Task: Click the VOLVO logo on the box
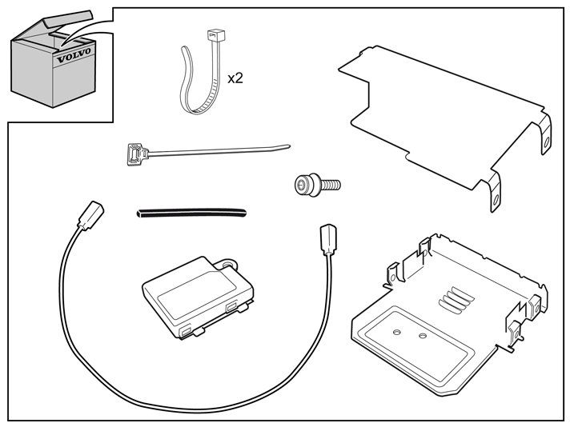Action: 74,55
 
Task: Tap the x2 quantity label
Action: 235,78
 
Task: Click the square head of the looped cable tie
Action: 216,35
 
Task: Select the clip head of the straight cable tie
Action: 137,154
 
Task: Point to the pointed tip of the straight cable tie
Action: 288,146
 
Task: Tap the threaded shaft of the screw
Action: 331,186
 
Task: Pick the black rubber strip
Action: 191,213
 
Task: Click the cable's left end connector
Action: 91,215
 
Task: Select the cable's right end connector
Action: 328,239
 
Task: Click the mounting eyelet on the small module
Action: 227,264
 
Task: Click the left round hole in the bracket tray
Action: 397,332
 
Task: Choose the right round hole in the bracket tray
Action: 423,336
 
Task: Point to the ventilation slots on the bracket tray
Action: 456,300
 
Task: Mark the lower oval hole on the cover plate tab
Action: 495,200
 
